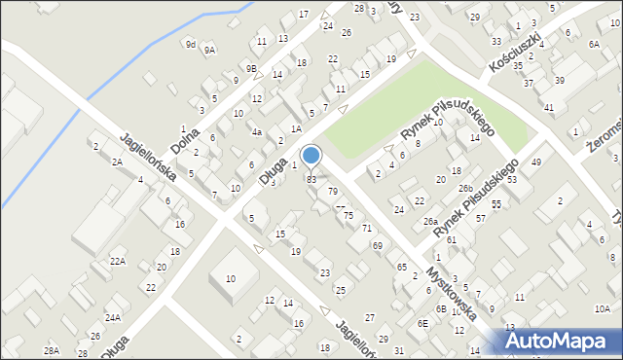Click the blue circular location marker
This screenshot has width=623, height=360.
(x=311, y=154)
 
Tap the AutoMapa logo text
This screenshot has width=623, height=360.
(x=564, y=341)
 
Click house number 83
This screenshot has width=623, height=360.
(x=311, y=179)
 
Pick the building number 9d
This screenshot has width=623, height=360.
(x=191, y=44)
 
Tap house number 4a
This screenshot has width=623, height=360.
(x=257, y=131)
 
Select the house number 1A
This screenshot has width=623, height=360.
(x=296, y=128)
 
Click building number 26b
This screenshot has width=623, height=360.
(x=466, y=188)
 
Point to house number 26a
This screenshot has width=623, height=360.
(x=430, y=221)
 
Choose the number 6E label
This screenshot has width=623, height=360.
(x=422, y=323)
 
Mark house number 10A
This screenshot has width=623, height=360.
(x=603, y=308)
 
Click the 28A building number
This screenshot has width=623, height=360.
(x=52, y=350)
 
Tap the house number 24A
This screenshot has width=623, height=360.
(x=113, y=317)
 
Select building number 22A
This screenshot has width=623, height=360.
(x=118, y=262)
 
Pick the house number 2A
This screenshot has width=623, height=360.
(x=117, y=162)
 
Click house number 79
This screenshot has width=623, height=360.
(x=333, y=191)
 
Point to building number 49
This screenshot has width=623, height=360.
(x=536, y=162)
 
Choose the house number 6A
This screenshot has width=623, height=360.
(x=594, y=45)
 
